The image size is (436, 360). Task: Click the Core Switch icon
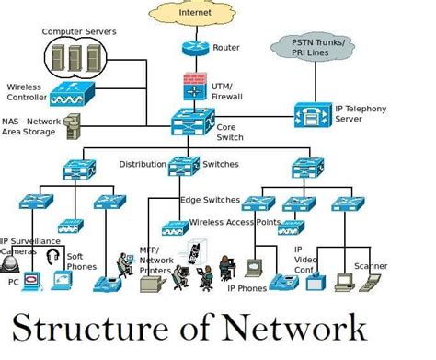[x=192, y=120]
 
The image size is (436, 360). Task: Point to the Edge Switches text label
[x=211, y=200]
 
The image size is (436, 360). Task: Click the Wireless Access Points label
[x=234, y=222]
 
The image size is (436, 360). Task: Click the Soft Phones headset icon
[x=53, y=256]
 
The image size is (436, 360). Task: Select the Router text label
[x=226, y=47]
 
